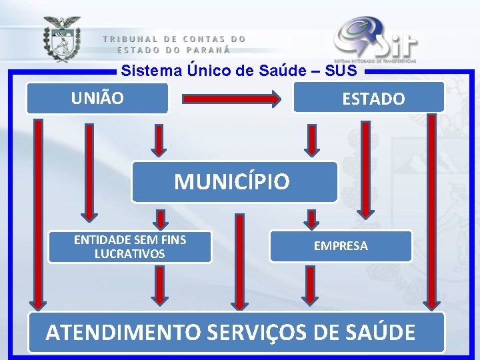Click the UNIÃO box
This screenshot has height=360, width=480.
[97, 98]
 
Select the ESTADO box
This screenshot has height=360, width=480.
[369, 98]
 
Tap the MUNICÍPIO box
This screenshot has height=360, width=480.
[234, 181]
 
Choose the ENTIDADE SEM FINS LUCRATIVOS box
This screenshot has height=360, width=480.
[130, 247]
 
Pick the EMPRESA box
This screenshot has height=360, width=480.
[341, 246]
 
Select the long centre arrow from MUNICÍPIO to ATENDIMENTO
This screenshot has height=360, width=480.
[236, 263]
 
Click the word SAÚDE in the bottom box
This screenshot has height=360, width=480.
[383, 331]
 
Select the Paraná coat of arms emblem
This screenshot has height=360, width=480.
[62, 39]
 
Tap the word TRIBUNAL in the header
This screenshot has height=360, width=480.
[131, 39]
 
